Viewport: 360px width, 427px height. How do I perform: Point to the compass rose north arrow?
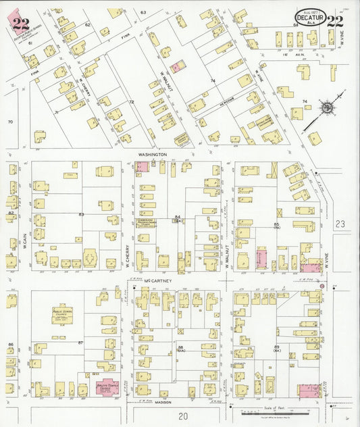click(326, 107)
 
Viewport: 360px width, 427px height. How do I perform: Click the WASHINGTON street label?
click(152, 155)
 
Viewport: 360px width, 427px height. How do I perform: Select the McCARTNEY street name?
click(155, 280)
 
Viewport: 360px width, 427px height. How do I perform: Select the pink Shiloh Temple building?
click(105, 387)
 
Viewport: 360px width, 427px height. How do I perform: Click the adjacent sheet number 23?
click(340, 224)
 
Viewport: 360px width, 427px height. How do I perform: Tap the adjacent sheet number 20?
click(182, 416)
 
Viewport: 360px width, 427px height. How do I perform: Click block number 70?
click(10, 122)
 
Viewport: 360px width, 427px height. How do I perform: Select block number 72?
click(132, 102)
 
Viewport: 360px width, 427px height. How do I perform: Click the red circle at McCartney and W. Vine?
click(322, 286)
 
